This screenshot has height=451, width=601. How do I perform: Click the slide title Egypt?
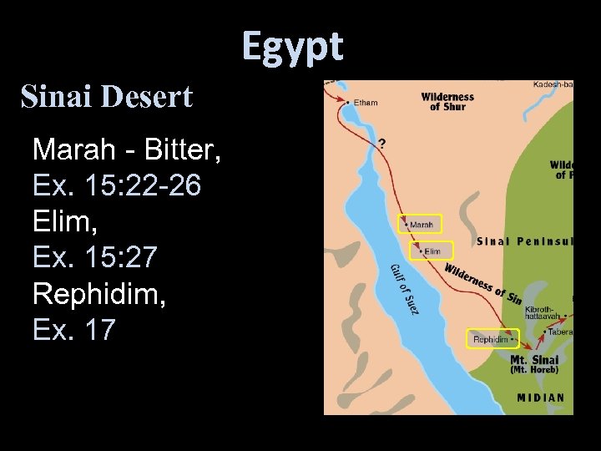292,46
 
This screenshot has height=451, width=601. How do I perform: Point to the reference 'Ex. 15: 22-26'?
117,186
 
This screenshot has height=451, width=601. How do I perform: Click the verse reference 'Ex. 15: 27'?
94,258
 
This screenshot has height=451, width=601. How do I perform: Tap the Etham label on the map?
366,103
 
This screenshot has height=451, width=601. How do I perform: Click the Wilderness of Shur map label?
447,102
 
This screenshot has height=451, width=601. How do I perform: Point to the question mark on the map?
382,144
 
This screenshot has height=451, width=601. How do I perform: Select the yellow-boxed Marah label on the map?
420,225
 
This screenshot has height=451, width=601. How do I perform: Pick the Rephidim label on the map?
492,339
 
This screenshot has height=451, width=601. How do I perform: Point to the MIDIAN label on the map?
540,398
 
